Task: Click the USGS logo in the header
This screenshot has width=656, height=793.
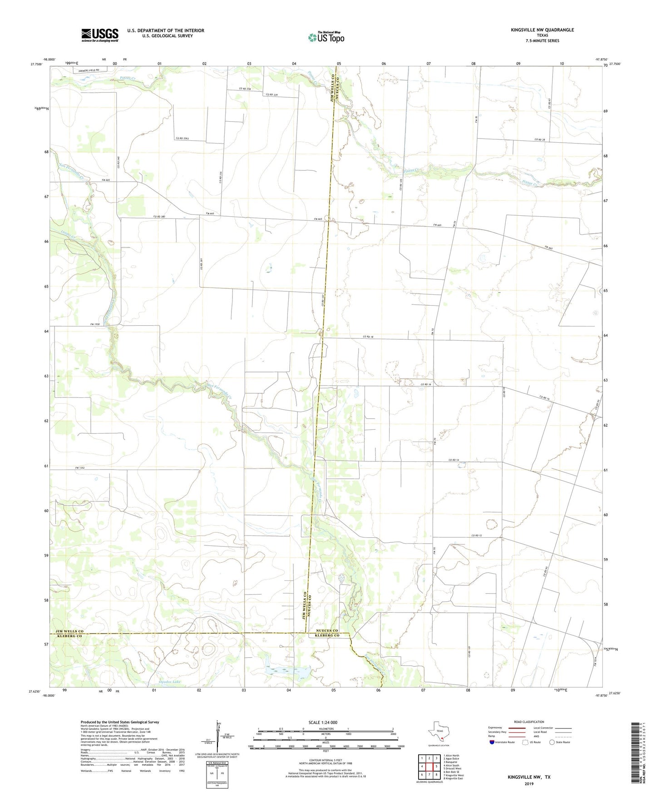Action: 99,35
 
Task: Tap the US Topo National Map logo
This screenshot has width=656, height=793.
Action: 326,37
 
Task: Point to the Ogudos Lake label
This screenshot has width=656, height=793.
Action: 157,682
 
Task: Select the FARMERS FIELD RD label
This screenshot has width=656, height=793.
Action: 88,70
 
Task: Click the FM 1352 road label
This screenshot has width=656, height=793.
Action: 80,467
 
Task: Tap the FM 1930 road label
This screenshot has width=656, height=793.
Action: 94,324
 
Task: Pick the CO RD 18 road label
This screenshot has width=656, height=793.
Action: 368,337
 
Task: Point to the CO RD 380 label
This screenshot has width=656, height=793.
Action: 159,216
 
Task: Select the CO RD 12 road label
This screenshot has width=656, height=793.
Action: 476,535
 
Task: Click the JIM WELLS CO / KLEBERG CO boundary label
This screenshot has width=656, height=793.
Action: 69,634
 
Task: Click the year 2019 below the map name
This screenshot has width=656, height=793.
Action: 529,783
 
